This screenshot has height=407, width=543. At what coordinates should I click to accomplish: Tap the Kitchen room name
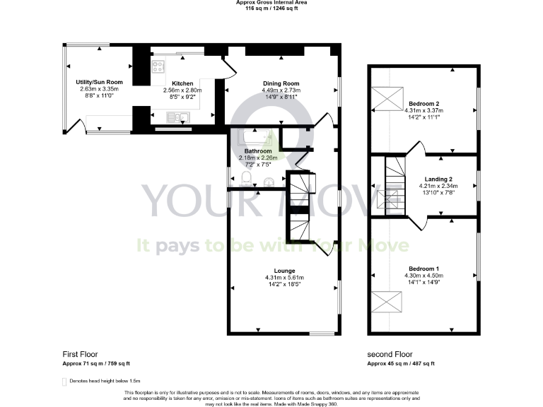point(173,83)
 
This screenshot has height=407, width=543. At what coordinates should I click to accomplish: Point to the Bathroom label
point(258,151)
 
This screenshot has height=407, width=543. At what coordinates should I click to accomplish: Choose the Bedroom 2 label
point(423,103)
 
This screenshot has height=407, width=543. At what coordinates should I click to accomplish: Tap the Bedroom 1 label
point(423,269)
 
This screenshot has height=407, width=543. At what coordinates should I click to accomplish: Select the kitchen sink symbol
point(175,117)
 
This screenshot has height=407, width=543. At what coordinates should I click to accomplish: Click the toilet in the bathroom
point(245,177)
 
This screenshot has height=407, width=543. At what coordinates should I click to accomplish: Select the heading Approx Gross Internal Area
point(271,2)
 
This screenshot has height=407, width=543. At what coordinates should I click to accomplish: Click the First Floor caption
point(80,354)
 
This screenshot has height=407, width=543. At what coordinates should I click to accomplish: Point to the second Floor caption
point(390,354)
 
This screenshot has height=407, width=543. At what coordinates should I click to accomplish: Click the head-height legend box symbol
point(64,382)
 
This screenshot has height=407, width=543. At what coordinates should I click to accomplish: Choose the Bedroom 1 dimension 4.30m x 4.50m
point(423,276)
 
